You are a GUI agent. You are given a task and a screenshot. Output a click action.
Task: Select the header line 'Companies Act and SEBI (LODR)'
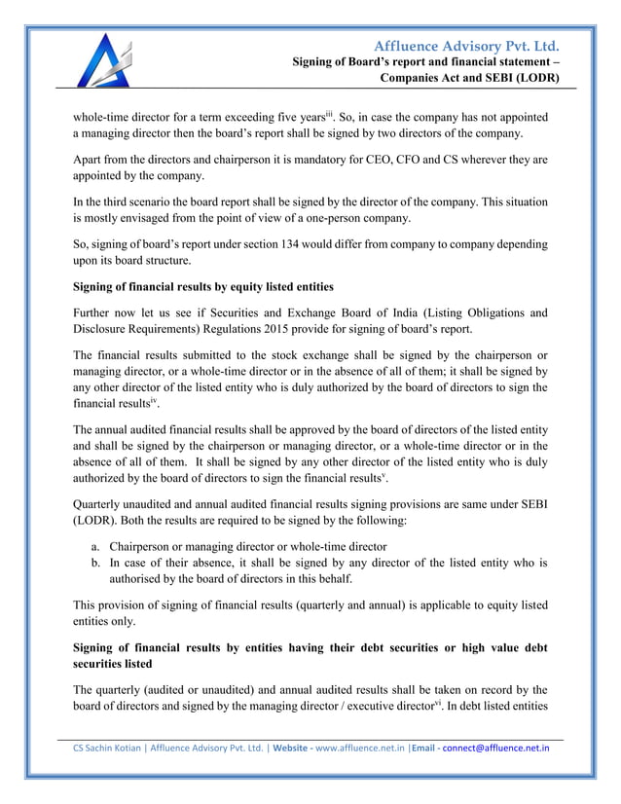coord(469,78)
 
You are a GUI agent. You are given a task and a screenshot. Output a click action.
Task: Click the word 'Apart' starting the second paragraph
coord(90,158)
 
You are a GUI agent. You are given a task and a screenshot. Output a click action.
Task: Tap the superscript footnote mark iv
coord(140,397)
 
